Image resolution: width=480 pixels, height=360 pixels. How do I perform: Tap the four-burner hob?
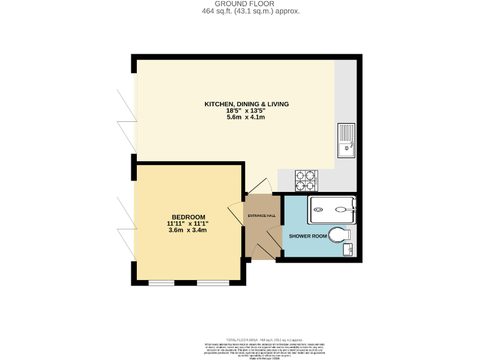(306, 181)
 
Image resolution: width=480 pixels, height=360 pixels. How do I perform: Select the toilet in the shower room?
(337, 235)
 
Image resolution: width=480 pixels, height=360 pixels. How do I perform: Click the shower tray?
(331, 210)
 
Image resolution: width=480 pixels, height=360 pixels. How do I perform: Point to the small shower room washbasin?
(349, 250)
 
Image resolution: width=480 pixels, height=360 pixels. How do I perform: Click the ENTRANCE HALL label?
(261, 216)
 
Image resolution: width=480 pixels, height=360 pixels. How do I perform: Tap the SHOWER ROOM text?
(308, 236)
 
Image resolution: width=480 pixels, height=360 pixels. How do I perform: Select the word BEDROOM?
(187, 216)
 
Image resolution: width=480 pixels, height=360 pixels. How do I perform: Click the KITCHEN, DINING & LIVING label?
(247, 104)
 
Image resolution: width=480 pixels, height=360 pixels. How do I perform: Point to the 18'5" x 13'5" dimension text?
(247, 111)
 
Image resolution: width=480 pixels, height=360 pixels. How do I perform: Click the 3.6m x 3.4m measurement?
(187, 230)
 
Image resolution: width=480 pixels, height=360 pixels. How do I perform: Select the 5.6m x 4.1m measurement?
(247, 117)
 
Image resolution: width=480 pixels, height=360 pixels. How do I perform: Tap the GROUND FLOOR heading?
(240, 4)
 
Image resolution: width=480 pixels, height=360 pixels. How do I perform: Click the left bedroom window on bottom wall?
(161, 283)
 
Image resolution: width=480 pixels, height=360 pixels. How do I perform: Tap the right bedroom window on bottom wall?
(210, 283)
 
